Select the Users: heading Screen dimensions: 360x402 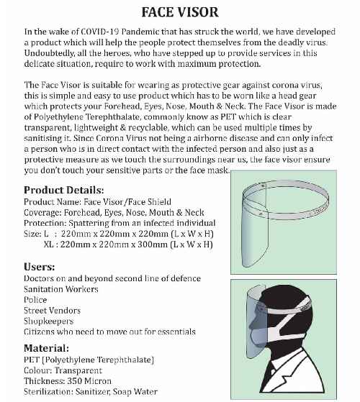[41, 267]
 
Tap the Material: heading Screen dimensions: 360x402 [47, 347]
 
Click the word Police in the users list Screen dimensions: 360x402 [35, 299]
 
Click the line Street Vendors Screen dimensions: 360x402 [53, 310]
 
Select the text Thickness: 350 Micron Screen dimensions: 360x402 [68, 381]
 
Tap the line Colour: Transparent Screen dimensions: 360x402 [63, 370]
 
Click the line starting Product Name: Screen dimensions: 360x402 [98, 201]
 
